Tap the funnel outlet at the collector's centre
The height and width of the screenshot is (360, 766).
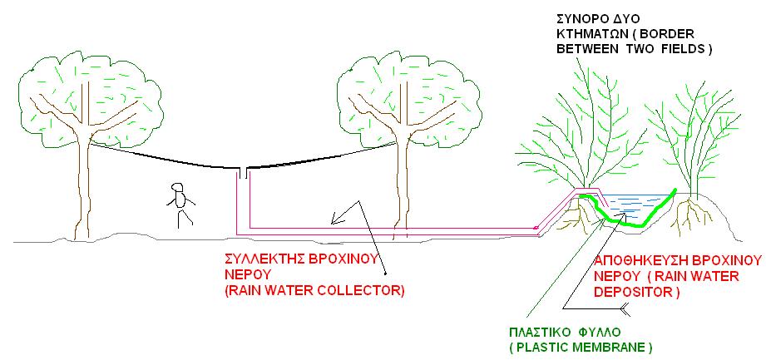(x=243, y=172)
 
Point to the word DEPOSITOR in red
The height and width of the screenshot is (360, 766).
(x=630, y=292)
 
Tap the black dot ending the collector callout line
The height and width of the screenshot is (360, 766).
(x=385, y=273)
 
